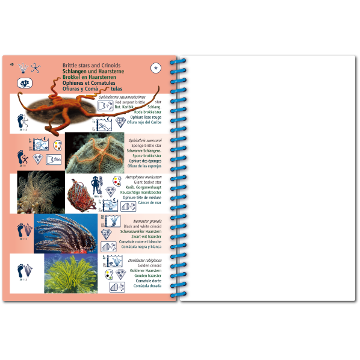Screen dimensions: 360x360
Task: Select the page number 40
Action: [x=12, y=64]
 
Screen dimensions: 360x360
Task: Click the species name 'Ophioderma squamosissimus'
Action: [x=143, y=96]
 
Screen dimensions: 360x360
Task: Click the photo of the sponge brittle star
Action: [x=96, y=153]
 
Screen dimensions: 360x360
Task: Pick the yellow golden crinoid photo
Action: [x=72, y=274]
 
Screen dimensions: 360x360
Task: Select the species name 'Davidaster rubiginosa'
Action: [x=145, y=260]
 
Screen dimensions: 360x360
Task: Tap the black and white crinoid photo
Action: [x=66, y=233]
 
